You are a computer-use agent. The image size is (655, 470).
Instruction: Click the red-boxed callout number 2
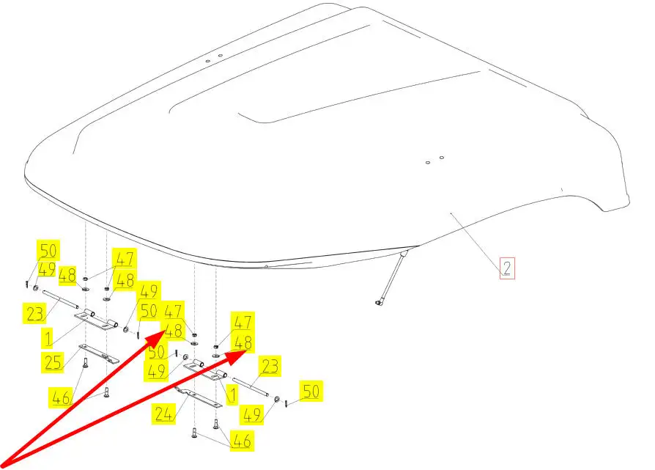click(507, 268)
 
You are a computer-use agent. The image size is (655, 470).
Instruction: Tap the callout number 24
click(164, 414)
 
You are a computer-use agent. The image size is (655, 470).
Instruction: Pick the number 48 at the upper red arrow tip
click(174, 331)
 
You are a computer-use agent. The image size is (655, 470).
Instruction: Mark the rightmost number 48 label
click(243, 342)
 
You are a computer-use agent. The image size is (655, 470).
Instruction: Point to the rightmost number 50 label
click(311, 392)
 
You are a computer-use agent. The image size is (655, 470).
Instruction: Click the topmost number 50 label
click(48, 249)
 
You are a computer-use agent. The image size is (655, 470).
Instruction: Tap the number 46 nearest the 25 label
click(63, 399)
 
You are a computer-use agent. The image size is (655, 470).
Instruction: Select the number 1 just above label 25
click(48, 338)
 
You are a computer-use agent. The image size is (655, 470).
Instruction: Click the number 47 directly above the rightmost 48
click(243, 321)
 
